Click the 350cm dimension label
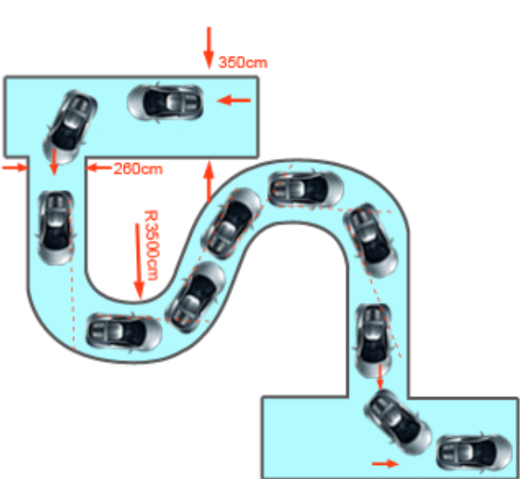243,62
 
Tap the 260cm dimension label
138,169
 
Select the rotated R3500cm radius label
151,245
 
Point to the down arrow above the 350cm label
209,48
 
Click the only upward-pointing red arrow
209,181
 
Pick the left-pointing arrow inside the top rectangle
234,99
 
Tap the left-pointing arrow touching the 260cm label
99,168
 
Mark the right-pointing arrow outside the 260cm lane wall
15,168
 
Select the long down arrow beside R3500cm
139,262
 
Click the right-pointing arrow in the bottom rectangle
386,463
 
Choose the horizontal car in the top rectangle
165,102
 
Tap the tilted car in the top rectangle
70,127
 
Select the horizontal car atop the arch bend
306,188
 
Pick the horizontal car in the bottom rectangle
475,453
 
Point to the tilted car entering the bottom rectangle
398,422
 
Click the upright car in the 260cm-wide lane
55,228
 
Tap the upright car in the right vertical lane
373,341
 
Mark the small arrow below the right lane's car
380,377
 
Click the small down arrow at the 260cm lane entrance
54,162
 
